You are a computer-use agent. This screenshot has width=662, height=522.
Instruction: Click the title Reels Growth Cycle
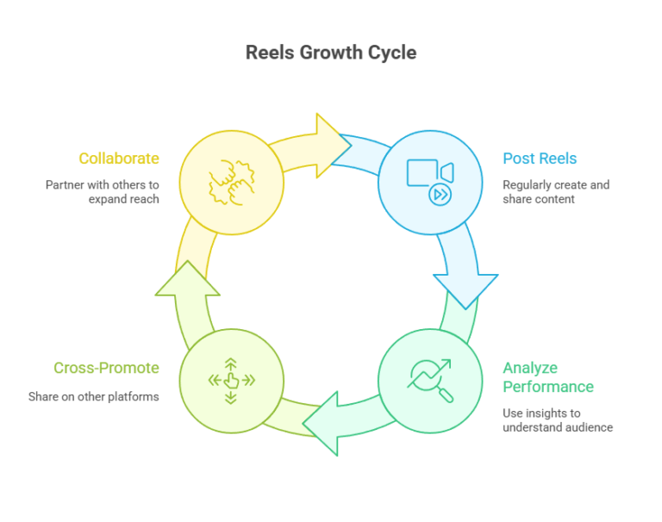coord(331,53)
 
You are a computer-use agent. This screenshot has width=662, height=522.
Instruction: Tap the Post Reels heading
coord(540,158)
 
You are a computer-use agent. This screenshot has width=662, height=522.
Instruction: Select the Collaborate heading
coord(119,158)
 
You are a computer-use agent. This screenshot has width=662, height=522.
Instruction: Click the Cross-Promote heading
coord(106,368)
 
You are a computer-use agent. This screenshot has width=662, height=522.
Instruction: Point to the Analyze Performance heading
coord(548,377)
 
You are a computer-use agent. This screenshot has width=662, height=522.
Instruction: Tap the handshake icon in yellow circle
coord(231,183)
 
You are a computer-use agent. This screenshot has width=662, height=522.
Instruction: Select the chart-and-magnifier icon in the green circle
coord(430,380)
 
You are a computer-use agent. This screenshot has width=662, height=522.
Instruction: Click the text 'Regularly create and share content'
coord(556,192)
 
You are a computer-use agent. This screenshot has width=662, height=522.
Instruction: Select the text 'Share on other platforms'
coord(93,396)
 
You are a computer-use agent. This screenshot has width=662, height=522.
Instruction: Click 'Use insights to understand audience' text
coord(558,419)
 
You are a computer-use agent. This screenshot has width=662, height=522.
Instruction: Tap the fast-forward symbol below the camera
coord(440,195)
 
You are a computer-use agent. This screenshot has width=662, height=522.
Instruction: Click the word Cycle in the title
coord(389,53)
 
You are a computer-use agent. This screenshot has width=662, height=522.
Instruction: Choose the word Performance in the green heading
coord(548,387)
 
